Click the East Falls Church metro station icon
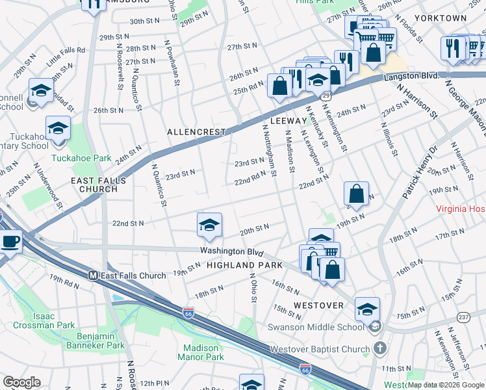(93, 276)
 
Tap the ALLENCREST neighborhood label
(196, 132)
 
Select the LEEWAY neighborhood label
(287, 121)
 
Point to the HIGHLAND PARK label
(244, 265)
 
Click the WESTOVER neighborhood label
(318, 305)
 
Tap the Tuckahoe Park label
(81, 158)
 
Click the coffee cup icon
(10, 242)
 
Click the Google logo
(21, 382)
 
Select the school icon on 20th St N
(209, 225)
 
